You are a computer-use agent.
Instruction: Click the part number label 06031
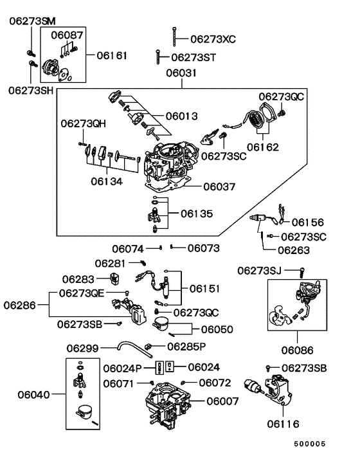181,73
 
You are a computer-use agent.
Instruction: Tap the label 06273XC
213,39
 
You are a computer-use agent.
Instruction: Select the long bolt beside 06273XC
174,37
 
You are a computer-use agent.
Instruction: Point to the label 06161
112,55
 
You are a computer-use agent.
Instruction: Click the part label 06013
181,116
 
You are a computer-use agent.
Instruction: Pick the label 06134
107,181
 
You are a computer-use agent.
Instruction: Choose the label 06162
263,147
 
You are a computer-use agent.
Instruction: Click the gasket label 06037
219,186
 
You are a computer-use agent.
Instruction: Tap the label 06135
197,213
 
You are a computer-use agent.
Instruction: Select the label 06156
308,222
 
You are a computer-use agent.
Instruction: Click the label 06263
293,250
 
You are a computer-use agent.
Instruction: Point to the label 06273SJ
259,271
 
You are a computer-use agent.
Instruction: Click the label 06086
297,350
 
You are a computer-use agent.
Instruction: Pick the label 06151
204,289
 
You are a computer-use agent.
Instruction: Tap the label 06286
19,305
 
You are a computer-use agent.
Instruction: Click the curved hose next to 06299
134,349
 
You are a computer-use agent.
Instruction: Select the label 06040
33,394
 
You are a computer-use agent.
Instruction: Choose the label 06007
222,401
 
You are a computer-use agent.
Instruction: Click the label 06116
283,424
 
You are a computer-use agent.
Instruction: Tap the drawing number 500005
310,444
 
